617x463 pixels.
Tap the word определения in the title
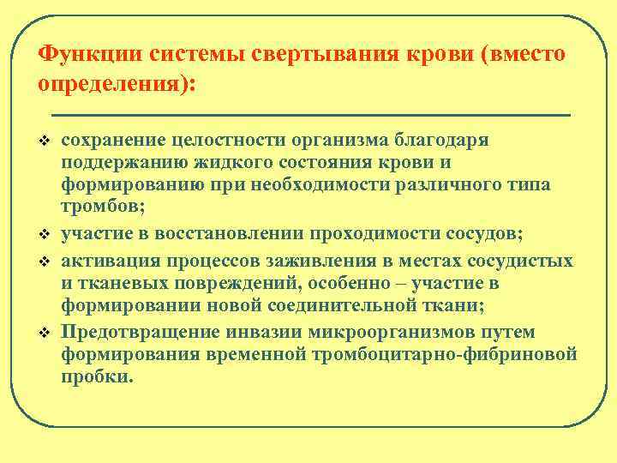point(114,87)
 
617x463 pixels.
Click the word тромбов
point(99,207)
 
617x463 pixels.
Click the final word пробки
point(97,376)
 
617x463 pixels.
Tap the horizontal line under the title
point(310,113)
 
